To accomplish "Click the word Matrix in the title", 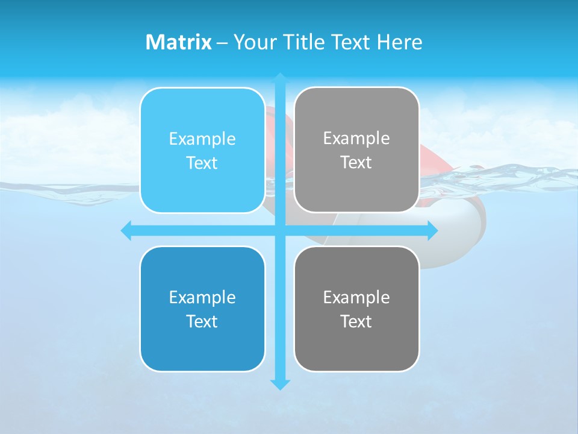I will (179, 42).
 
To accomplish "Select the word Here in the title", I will (399, 42).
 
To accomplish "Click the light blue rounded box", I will (202, 150).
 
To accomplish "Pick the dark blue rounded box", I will (202, 309).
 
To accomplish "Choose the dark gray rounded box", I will (356, 309).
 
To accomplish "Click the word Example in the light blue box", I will (202, 139).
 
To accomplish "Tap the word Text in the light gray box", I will (356, 162).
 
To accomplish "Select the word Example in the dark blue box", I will (202, 297).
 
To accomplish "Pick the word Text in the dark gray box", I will (356, 321).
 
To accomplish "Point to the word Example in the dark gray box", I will (356, 297).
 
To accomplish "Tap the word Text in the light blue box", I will (202, 163).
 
